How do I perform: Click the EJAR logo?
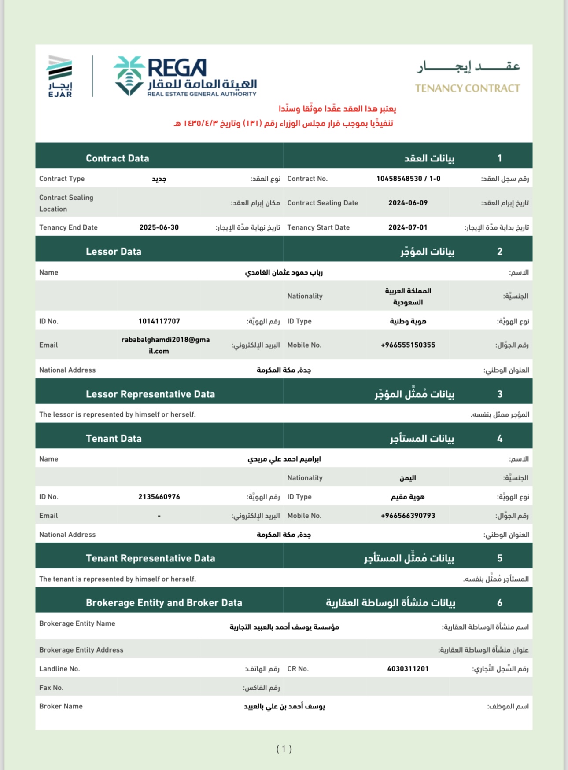coord(60,76)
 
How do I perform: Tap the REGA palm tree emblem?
coord(129,75)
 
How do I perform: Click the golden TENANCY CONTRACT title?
coord(467,88)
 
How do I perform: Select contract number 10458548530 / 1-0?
coord(408,179)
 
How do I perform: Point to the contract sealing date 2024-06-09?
coord(408,203)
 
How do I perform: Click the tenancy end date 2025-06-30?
coord(159,227)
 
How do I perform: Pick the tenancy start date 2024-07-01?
coord(408,227)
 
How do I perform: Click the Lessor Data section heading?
coord(114,252)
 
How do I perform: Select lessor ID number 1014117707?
coord(159,321)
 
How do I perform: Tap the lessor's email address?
coord(165,345)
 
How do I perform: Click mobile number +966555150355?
coord(408,345)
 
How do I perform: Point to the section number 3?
coord(499,394)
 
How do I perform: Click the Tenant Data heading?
coord(114,439)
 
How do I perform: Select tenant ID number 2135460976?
coord(159,497)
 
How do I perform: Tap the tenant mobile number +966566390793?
coord(408,516)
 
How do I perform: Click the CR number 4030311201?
coord(408,669)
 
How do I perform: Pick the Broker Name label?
coord(61,706)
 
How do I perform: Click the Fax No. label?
coord(52,688)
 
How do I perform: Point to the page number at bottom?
coord(284,749)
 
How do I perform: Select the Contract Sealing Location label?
coord(66,203)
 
